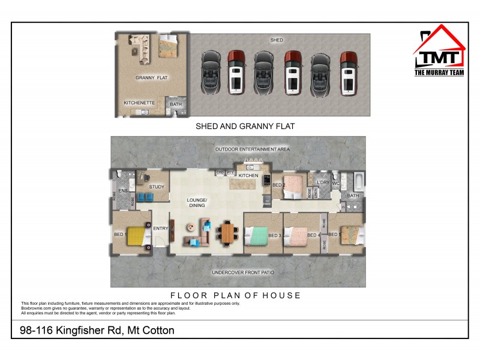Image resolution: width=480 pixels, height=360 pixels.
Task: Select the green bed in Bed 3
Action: click(x=259, y=235)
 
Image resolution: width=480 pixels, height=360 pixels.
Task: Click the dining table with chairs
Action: click(x=227, y=233)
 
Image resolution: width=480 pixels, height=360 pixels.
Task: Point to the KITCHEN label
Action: click(x=248, y=176)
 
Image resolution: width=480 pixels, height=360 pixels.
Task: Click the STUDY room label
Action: click(x=157, y=187)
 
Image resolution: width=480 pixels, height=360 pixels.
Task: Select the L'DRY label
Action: click(x=323, y=182)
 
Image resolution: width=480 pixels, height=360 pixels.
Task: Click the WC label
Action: click(x=336, y=182)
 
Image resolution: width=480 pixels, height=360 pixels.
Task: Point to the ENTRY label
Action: click(x=160, y=228)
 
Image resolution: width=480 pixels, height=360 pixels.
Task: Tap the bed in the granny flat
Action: click(x=169, y=46)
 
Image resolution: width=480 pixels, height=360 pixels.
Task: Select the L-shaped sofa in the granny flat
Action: click(x=136, y=46)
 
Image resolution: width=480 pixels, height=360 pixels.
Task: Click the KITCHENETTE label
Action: click(x=139, y=103)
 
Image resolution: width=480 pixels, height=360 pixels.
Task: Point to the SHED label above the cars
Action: click(x=277, y=40)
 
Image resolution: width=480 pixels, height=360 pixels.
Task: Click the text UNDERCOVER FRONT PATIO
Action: click(x=243, y=272)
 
